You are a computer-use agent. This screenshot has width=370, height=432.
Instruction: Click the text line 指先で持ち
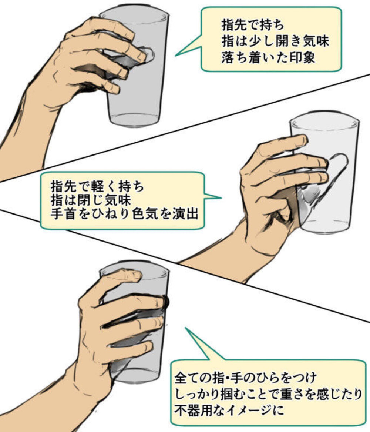click(x=253, y=26)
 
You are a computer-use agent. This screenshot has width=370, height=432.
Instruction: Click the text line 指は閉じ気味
click(x=91, y=200)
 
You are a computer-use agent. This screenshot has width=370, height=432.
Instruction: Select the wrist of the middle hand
click(x=255, y=241)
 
